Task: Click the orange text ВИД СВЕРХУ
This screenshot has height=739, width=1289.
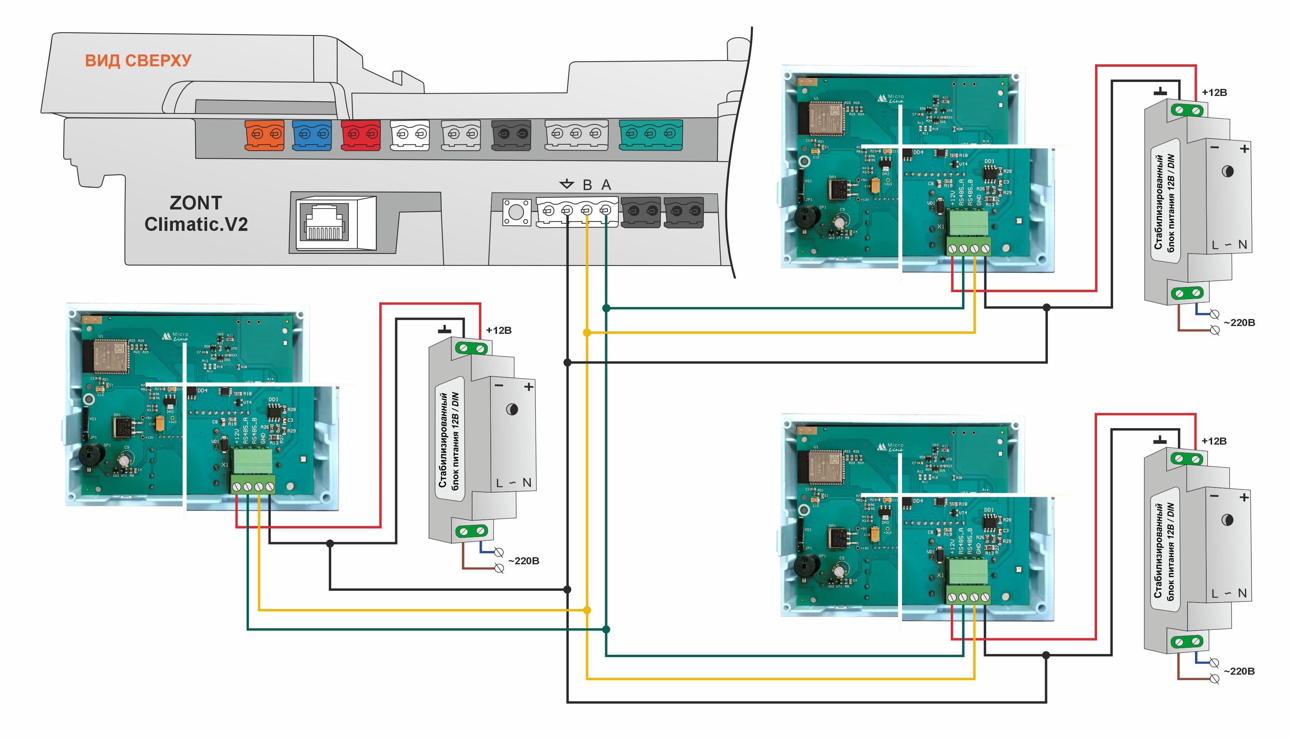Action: (138, 60)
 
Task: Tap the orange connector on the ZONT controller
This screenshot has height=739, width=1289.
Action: (264, 135)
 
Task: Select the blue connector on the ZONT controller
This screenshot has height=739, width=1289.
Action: (312, 135)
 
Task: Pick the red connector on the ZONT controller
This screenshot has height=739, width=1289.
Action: (361, 135)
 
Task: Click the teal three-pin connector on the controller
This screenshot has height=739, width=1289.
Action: (650, 135)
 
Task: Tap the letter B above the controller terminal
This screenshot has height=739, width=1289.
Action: (588, 185)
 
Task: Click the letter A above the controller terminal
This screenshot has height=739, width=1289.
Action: (606, 185)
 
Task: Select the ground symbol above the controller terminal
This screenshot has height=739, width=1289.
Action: (566, 184)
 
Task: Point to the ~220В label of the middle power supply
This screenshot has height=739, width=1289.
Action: (524, 561)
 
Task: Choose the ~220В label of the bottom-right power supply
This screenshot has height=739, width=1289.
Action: (1239, 671)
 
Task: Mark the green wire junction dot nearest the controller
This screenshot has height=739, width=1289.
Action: (606, 308)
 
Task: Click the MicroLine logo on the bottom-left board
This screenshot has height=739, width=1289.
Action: (175, 336)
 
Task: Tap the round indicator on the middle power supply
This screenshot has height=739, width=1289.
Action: (512, 409)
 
